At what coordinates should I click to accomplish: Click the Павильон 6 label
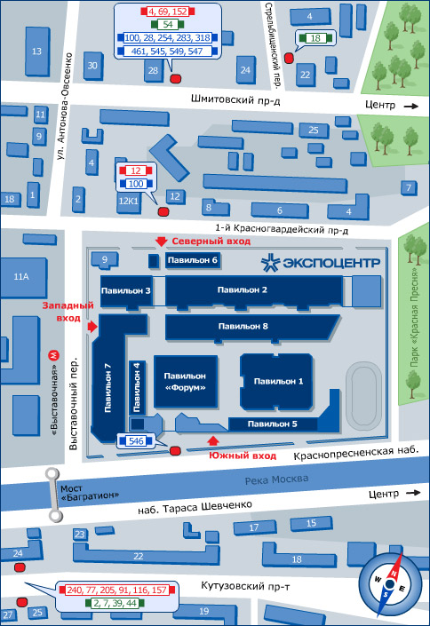[192, 260]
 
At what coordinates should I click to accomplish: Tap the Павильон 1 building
[276, 381]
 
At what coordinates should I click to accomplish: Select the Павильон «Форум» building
[186, 382]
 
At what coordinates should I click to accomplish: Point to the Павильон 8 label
[243, 327]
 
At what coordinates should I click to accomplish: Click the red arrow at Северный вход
[161, 242]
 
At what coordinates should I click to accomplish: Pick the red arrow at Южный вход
[213, 440]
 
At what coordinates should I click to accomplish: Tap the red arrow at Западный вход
[92, 327]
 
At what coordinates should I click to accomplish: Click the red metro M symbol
[53, 355]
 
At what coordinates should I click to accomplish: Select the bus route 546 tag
[136, 441]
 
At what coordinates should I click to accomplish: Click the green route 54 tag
[167, 24]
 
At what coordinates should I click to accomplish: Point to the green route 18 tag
[315, 38]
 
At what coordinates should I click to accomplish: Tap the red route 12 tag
[136, 170]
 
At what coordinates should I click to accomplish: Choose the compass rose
[390, 585]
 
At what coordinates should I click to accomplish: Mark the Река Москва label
[276, 479]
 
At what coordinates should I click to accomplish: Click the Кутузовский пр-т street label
[245, 586]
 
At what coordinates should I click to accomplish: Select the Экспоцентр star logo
[271, 263]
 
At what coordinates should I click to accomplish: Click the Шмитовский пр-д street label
[235, 99]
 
